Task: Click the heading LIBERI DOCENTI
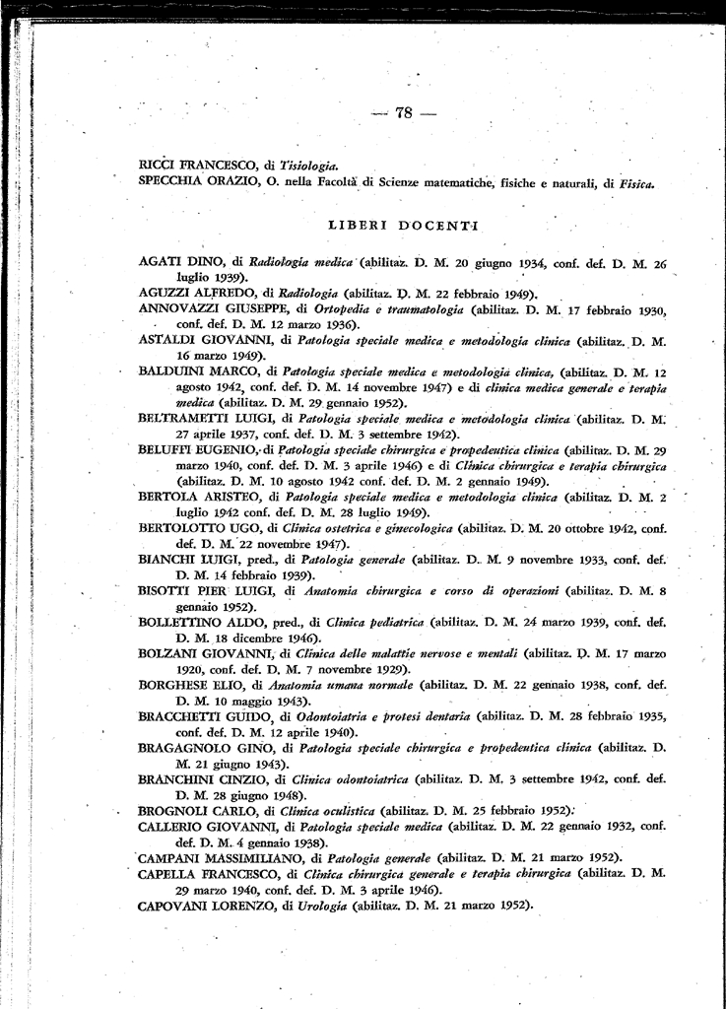(x=401, y=227)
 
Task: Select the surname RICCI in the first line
(x=160, y=167)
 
